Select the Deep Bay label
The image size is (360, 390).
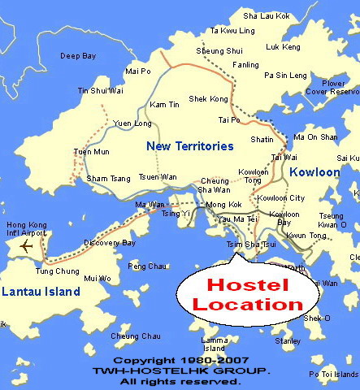[78, 56]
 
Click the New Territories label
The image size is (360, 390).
[189, 146]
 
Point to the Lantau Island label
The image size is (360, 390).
[40, 292]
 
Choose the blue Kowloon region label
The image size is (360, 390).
[323, 172]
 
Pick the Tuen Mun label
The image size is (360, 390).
[91, 152]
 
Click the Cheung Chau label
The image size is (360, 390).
[136, 336]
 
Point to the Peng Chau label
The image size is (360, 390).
[147, 266]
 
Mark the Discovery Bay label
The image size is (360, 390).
[110, 242]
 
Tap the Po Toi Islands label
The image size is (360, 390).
[333, 374]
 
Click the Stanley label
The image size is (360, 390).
[288, 341]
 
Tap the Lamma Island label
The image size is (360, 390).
[215, 344]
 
